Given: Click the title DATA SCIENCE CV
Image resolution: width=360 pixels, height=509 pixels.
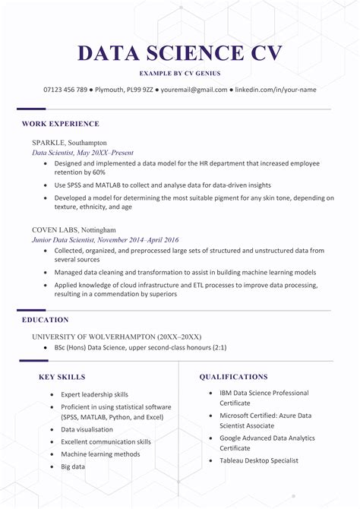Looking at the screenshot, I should (x=180, y=53).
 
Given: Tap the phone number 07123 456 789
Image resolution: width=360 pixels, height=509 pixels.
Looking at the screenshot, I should (x=66, y=90).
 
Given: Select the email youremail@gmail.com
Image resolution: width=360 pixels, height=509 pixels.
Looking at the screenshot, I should (x=194, y=90).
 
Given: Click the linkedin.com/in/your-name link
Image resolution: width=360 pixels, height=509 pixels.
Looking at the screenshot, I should (x=276, y=90).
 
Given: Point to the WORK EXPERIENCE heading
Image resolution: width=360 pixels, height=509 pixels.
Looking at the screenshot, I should (x=60, y=123).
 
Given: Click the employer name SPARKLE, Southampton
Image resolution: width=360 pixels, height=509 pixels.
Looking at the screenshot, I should (x=69, y=143).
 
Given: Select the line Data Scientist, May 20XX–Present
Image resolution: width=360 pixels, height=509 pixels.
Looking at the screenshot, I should (x=83, y=153).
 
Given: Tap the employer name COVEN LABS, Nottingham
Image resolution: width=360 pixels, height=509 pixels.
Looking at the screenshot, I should (x=74, y=229).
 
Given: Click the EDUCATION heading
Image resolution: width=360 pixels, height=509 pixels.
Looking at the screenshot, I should (x=45, y=320).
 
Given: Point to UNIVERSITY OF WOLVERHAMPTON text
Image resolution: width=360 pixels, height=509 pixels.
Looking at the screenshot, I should (x=116, y=336).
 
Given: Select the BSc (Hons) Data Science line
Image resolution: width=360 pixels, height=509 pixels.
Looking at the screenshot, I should (x=141, y=347).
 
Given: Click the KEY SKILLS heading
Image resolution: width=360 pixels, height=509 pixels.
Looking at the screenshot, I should (x=62, y=377).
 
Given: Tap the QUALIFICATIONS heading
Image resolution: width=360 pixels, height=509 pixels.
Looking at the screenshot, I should (x=233, y=377).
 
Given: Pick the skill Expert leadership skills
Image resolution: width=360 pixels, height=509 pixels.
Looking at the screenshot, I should (x=94, y=395).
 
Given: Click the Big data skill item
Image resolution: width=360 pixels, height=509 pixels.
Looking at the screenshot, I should (x=73, y=466).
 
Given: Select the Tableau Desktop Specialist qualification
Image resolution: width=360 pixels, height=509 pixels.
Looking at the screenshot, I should (x=259, y=460).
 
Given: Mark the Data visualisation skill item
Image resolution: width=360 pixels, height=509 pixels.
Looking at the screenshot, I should (x=87, y=430).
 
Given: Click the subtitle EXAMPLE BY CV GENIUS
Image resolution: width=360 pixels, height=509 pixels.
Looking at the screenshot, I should (x=180, y=73).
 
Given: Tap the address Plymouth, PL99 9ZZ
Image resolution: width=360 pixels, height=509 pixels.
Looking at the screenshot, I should (x=125, y=90).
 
